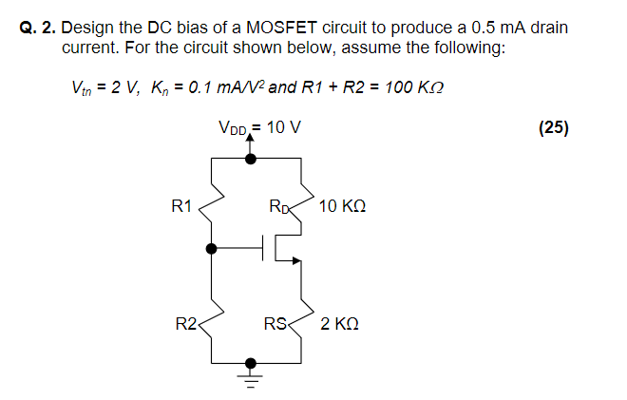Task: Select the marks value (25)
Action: [x=553, y=128]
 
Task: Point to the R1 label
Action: [x=181, y=205]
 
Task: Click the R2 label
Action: [x=184, y=325]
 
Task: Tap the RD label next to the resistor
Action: [x=279, y=205]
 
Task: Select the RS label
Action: [x=275, y=325]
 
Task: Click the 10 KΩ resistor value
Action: [x=343, y=205]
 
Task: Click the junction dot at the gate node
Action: [x=210, y=249]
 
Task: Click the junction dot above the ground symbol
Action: [x=251, y=362]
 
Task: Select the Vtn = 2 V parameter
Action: [x=105, y=87]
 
